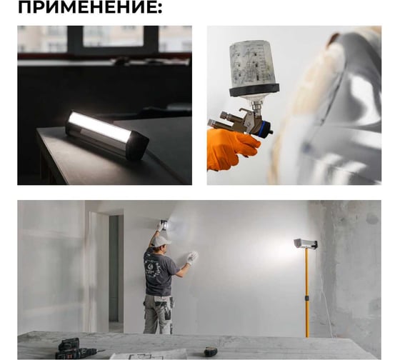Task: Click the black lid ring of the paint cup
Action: (x=254, y=90)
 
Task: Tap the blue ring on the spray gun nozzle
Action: (x=264, y=129)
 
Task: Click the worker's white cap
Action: (x=161, y=241)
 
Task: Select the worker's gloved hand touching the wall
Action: (x=192, y=257)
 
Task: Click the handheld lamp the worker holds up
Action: (x=164, y=225)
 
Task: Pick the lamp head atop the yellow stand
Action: (x=306, y=244)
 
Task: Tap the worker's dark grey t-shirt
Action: (x=159, y=271)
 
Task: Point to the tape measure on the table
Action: (x=211, y=352)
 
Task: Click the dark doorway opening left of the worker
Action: (x=114, y=269)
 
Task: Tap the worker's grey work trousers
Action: (x=158, y=314)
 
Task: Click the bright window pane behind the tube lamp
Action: (x=113, y=36)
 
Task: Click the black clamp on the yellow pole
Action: (x=307, y=298)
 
